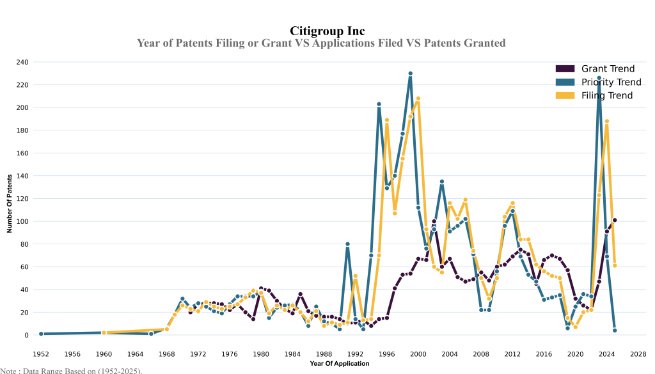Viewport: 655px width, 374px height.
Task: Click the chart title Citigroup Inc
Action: [327, 31]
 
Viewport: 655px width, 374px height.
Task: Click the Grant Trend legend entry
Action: [607, 69]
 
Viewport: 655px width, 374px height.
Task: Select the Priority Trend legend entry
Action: [611, 82]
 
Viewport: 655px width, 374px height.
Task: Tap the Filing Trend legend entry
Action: [606, 95]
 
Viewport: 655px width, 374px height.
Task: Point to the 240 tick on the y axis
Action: [23, 62]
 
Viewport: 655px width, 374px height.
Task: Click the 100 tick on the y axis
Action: [23, 221]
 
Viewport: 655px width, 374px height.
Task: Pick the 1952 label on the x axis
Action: [41, 354]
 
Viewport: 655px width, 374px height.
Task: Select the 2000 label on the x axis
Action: [418, 354]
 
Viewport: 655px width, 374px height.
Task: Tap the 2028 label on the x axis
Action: [638, 354]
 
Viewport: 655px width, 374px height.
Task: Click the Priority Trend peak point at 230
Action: [411, 74]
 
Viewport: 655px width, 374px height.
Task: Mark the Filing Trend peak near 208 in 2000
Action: [418, 98]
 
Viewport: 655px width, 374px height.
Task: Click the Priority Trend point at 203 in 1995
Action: [379, 104]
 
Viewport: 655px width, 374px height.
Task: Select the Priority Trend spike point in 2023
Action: [599, 78]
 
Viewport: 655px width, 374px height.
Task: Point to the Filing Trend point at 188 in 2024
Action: [607, 121]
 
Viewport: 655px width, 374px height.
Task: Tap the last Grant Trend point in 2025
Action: [615, 220]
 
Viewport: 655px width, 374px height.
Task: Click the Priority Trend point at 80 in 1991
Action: [347, 244]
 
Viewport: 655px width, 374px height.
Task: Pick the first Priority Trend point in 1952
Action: [41, 334]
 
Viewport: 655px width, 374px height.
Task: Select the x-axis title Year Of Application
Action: [339, 364]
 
